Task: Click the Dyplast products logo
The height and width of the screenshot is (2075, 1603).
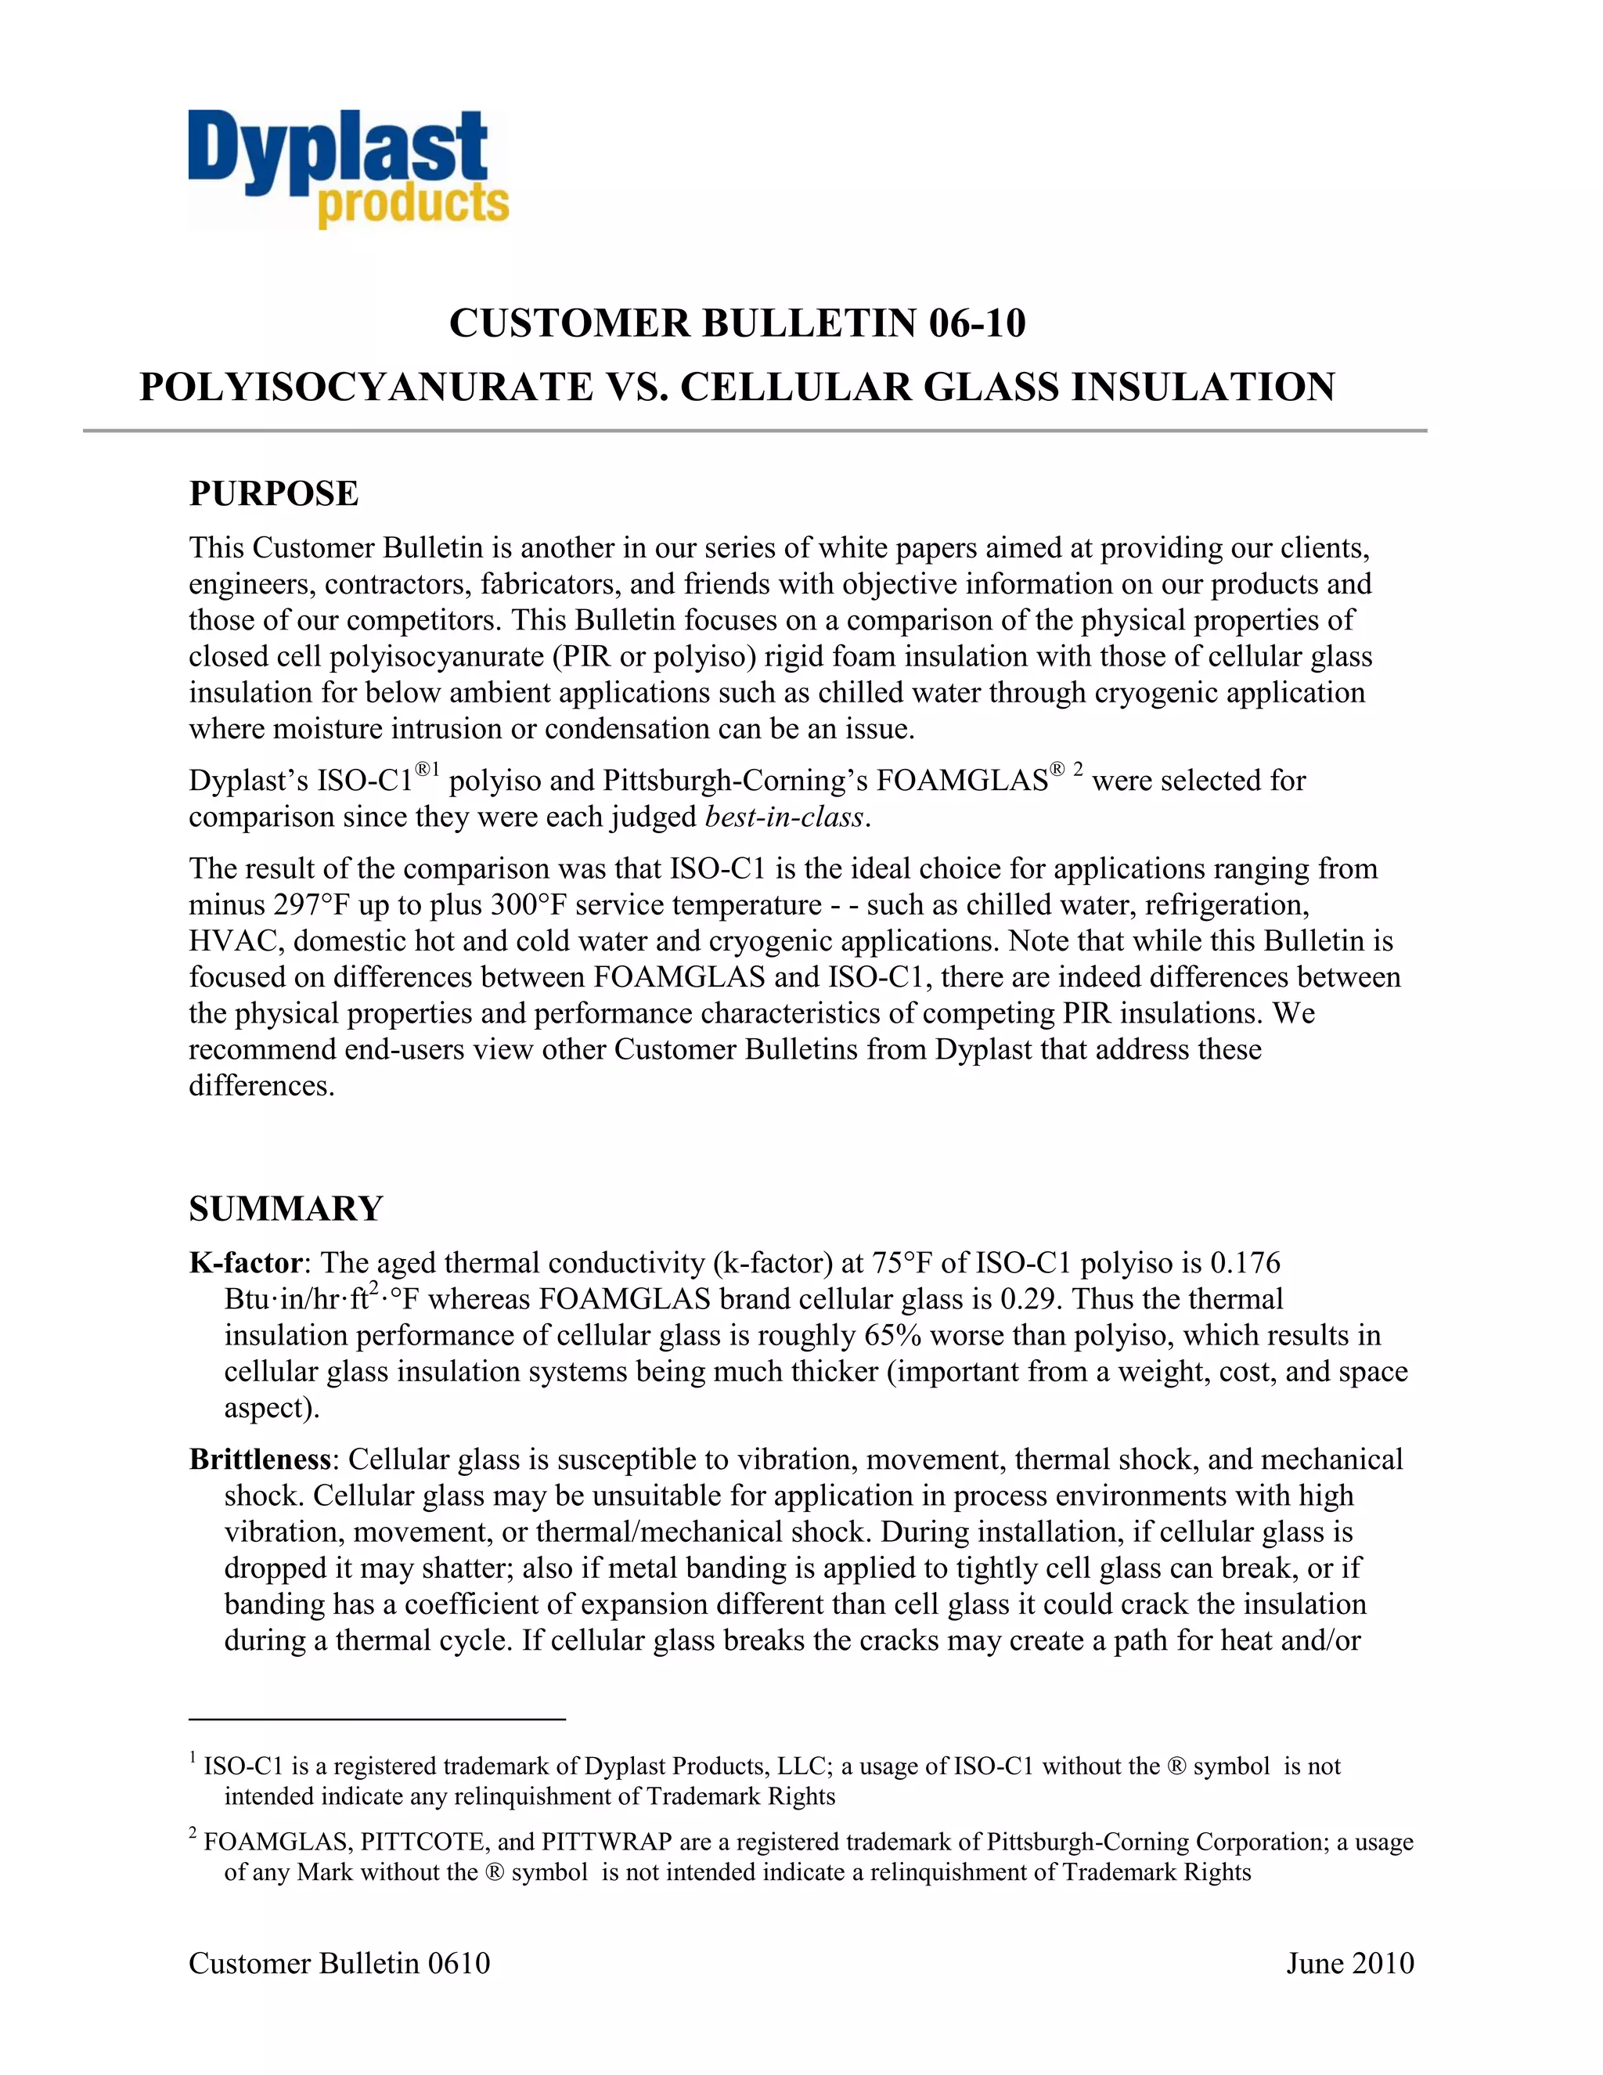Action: (348, 170)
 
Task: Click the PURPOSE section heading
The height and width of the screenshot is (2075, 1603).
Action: (273, 494)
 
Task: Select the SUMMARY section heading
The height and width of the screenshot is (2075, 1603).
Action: (286, 1208)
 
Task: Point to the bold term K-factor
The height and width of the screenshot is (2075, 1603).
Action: (245, 1263)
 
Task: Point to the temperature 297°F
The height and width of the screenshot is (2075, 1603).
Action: (312, 904)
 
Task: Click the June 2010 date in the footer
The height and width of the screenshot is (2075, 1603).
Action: (1349, 1963)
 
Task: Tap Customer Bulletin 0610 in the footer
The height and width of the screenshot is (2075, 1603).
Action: (339, 1963)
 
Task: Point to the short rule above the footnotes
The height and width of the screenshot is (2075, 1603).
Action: (377, 1719)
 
